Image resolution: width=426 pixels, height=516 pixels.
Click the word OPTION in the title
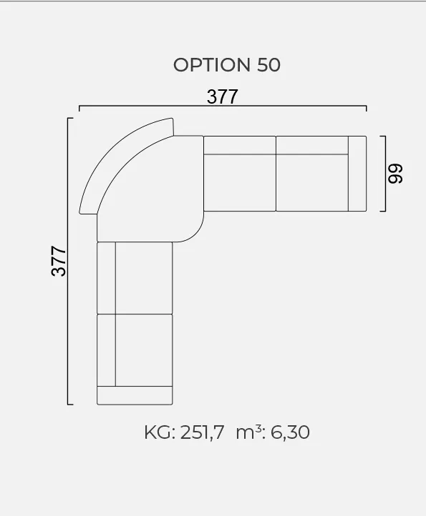pyautogui.click(x=212, y=65)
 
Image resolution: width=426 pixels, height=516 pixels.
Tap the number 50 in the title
pyautogui.click(x=268, y=65)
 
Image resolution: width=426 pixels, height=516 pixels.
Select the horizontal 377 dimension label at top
pyautogui.click(x=222, y=96)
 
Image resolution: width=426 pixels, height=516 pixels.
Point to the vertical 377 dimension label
pyautogui.click(x=59, y=261)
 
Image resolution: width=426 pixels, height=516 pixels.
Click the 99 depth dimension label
pyautogui.click(x=395, y=174)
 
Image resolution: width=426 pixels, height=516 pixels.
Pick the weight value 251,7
pyautogui.click(x=202, y=432)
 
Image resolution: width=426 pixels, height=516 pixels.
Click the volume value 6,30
pyautogui.click(x=290, y=432)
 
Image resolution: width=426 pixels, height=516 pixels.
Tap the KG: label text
pyautogui.click(x=160, y=432)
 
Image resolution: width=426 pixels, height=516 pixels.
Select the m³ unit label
pyautogui.click(x=249, y=432)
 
